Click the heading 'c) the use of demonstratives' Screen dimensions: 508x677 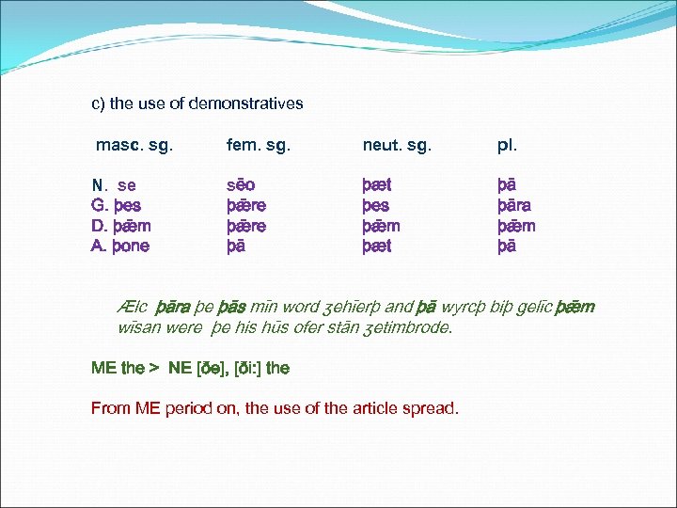click(197, 103)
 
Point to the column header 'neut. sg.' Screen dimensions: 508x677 click(397, 146)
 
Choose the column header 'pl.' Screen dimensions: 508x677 click(507, 146)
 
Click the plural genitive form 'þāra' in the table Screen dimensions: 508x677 click(515, 206)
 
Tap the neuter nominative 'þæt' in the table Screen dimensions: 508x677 click(377, 185)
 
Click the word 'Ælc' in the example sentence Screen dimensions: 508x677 click(134, 308)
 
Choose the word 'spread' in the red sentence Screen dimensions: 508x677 click(433, 408)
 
